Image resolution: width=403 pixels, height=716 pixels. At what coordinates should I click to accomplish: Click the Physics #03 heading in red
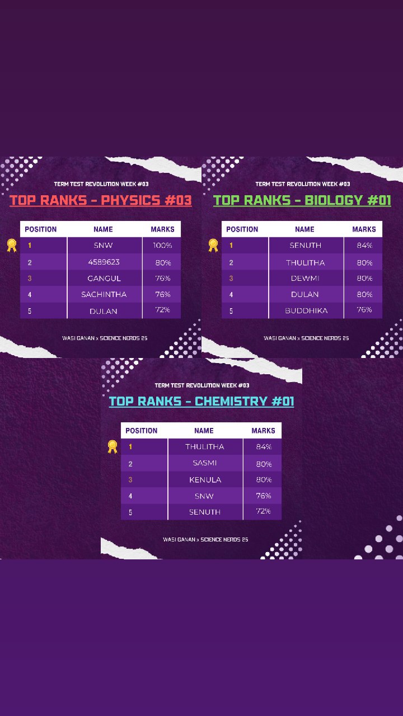[101, 200]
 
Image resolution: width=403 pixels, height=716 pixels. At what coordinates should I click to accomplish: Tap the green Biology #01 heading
[302, 200]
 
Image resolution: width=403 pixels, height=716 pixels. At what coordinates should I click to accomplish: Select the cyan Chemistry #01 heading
[201, 402]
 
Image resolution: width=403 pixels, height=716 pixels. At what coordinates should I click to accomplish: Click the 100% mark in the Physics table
[162, 246]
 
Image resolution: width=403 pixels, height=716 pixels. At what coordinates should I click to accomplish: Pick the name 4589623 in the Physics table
[104, 262]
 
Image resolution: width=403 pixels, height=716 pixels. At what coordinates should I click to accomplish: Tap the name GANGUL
[104, 279]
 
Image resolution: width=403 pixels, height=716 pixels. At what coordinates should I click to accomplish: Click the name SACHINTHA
[104, 294]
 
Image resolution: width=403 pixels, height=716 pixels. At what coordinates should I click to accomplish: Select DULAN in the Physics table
[104, 311]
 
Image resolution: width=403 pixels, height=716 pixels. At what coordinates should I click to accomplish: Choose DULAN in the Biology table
[305, 294]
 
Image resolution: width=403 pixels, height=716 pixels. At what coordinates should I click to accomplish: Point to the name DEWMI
[305, 279]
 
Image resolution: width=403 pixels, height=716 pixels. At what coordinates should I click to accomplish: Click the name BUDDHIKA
[306, 310]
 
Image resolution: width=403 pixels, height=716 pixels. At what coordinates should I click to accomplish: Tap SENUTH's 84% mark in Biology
[364, 246]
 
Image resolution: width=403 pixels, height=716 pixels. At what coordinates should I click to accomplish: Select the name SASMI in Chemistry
[205, 463]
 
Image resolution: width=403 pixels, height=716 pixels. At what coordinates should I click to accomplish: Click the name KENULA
[205, 480]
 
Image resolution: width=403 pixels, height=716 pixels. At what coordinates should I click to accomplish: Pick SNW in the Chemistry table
[204, 496]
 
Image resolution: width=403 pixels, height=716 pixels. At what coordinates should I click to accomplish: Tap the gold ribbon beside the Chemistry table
[113, 446]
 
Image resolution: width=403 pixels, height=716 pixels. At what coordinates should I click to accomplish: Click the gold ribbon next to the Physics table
[12, 245]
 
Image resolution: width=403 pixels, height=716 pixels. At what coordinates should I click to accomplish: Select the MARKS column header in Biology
[364, 229]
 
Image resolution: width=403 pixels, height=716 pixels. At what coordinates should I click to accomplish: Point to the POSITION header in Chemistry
[142, 431]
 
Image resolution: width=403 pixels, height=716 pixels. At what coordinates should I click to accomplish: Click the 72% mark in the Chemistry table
[263, 511]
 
